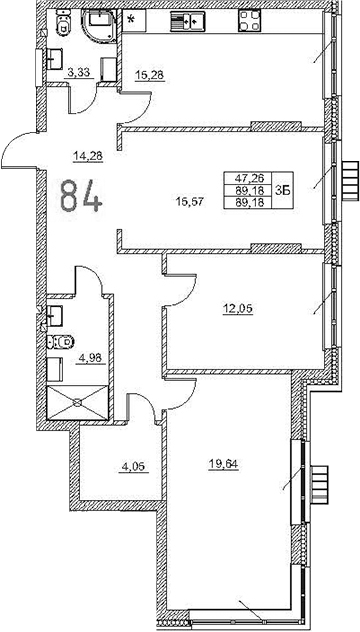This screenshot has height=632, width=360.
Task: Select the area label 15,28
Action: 150,72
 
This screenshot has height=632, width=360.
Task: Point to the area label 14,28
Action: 89,154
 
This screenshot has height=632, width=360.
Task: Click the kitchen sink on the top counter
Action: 188,20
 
